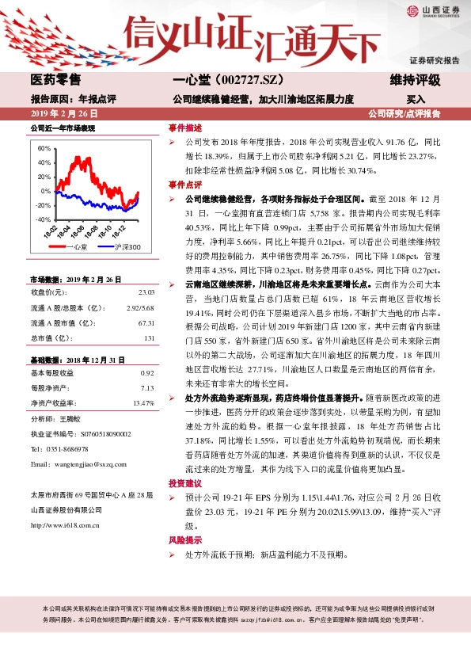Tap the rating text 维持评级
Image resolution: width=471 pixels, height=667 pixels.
click(416, 80)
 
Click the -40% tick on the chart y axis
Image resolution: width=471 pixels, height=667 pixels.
click(44, 219)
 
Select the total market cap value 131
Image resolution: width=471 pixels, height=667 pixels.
click(148, 338)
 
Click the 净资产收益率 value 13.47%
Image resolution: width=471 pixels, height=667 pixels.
click(143, 403)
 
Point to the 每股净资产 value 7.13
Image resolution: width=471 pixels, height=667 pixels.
click(146, 388)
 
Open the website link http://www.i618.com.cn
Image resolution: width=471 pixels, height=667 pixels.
click(66, 524)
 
